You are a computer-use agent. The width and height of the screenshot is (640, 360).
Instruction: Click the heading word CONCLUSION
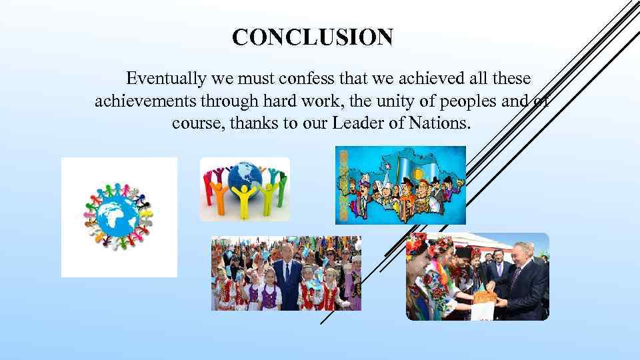(313, 37)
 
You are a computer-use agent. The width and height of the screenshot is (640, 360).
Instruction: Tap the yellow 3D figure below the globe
(244, 200)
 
